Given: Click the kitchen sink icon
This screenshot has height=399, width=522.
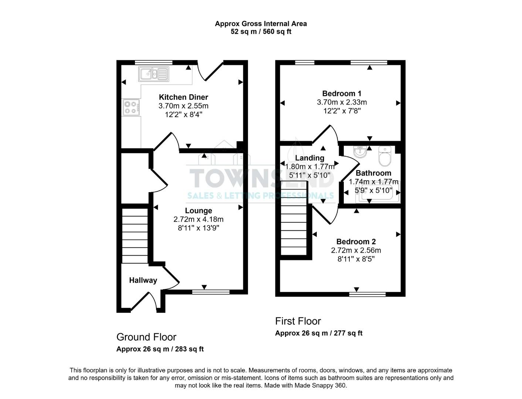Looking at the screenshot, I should click(x=153, y=74).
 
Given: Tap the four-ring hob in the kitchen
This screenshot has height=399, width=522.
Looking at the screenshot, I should click(x=132, y=107).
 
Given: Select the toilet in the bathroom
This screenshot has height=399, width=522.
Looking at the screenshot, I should click(x=385, y=157).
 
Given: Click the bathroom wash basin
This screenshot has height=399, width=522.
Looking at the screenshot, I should click(x=359, y=151).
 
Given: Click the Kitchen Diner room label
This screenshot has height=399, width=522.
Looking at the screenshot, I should click(x=183, y=97).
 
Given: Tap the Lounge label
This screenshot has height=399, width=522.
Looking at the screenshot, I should click(x=199, y=211).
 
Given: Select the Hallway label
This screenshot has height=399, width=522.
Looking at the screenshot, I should click(x=143, y=280).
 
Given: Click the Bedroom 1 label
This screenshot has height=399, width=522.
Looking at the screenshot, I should click(x=342, y=93).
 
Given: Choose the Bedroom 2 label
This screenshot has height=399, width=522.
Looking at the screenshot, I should click(x=356, y=242).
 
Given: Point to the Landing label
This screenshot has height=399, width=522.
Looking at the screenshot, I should click(x=310, y=158).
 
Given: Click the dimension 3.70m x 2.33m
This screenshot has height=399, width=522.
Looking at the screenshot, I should click(x=342, y=102).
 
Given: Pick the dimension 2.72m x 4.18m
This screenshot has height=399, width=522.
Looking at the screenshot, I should click(x=199, y=219).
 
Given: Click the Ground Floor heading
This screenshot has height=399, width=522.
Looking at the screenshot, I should click(x=146, y=337).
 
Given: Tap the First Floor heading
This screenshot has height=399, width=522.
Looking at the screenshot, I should click(x=298, y=321).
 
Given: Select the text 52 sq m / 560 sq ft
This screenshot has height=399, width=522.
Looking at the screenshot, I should click(x=261, y=32).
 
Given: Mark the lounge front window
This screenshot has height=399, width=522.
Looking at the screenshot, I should click(x=211, y=292).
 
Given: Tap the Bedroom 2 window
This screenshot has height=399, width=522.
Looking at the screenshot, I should click(x=367, y=294).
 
